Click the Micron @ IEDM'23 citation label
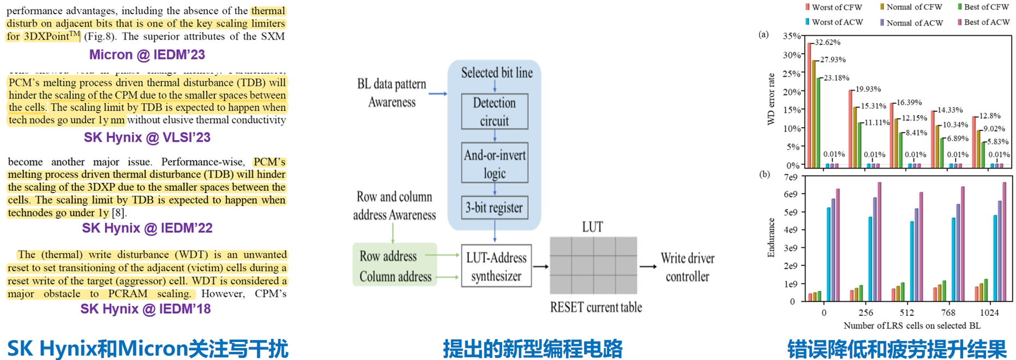(x=147, y=55)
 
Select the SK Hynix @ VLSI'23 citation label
(x=147, y=137)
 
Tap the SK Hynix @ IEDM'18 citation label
(x=146, y=309)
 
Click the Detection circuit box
(x=494, y=112)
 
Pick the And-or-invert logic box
(x=494, y=164)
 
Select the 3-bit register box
(x=494, y=208)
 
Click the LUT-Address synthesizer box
(x=496, y=266)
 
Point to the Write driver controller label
(x=687, y=267)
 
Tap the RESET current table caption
(x=596, y=307)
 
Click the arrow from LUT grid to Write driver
(x=648, y=267)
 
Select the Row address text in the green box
(x=388, y=256)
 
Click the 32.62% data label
(x=827, y=42)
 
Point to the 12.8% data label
(x=990, y=116)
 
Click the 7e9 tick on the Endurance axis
(x=790, y=177)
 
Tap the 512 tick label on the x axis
(x=906, y=313)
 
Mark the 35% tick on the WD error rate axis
(x=792, y=36)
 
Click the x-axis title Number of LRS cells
(x=912, y=326)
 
